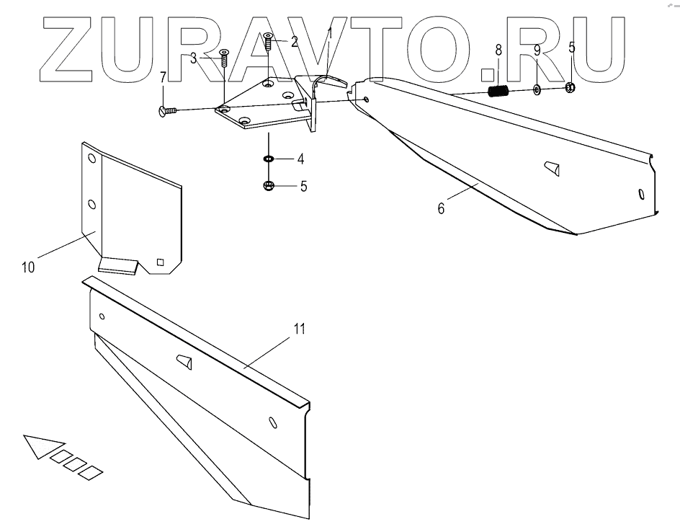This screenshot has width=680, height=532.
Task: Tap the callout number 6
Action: click(441, 209)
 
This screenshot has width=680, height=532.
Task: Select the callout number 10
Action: click(27, 267)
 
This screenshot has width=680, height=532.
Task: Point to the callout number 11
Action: click(299, 329)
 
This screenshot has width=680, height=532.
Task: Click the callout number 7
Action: click(163, 76)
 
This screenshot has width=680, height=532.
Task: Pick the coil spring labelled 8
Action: click(499, 92)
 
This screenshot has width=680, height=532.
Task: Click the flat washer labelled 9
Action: click(538, 90)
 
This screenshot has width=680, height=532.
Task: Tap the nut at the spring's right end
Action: click(570, 89)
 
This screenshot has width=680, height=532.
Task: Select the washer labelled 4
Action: click(268, 159)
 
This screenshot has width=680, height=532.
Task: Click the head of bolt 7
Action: click(161, 110)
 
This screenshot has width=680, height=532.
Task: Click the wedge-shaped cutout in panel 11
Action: click(184, 362)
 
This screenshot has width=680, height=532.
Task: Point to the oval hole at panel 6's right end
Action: click(641, 194)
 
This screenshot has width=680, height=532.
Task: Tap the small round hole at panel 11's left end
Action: click(102, 316)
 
